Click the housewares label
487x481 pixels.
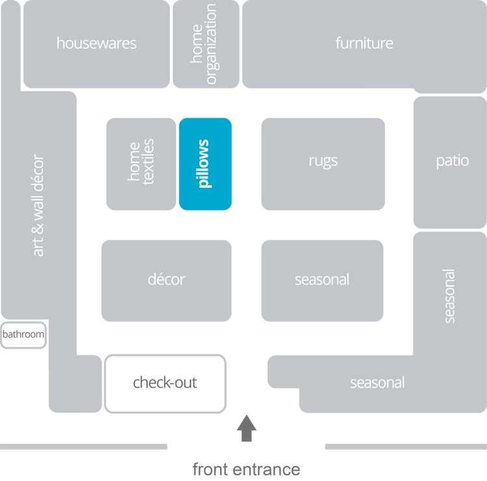tap(96, 44)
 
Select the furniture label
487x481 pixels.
tap(364, 44)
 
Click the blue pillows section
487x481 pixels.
tap(205, 164)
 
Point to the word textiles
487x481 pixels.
tap(149, 162)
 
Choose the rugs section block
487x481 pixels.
tap(323, 161)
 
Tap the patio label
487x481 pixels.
tap(452, 161)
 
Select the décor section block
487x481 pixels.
tap(166, 280)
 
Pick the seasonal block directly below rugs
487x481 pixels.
tap(322, 280)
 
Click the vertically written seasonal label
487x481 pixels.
tap(449, 296)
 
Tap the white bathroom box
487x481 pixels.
tap(23, 335)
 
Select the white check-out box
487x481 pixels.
tap(165, 382)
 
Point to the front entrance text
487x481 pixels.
tap(247, 469)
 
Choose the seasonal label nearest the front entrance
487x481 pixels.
tap(377, 382)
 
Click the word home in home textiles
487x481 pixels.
tap(134, 161)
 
